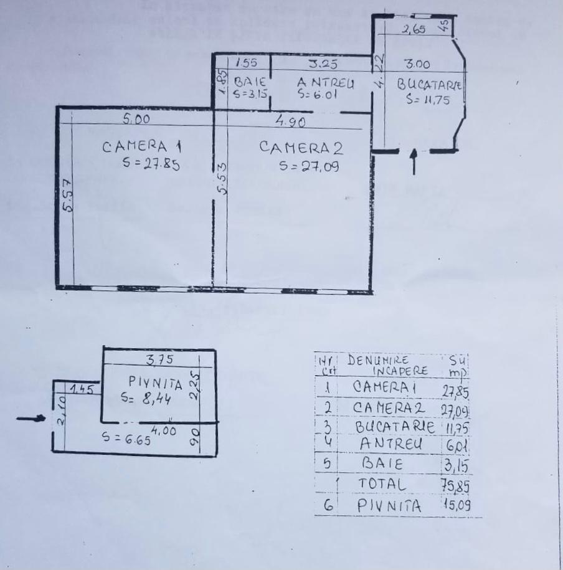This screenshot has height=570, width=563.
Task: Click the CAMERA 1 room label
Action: (x=141, y=147)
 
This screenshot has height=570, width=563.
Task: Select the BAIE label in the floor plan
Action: (x=250, y=82)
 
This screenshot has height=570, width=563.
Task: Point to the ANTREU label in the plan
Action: (x=325, y=82)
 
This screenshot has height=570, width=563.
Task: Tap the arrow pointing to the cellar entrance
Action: (x=31, y=419)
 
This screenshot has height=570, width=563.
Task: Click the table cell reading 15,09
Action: (x=458, y=506)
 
